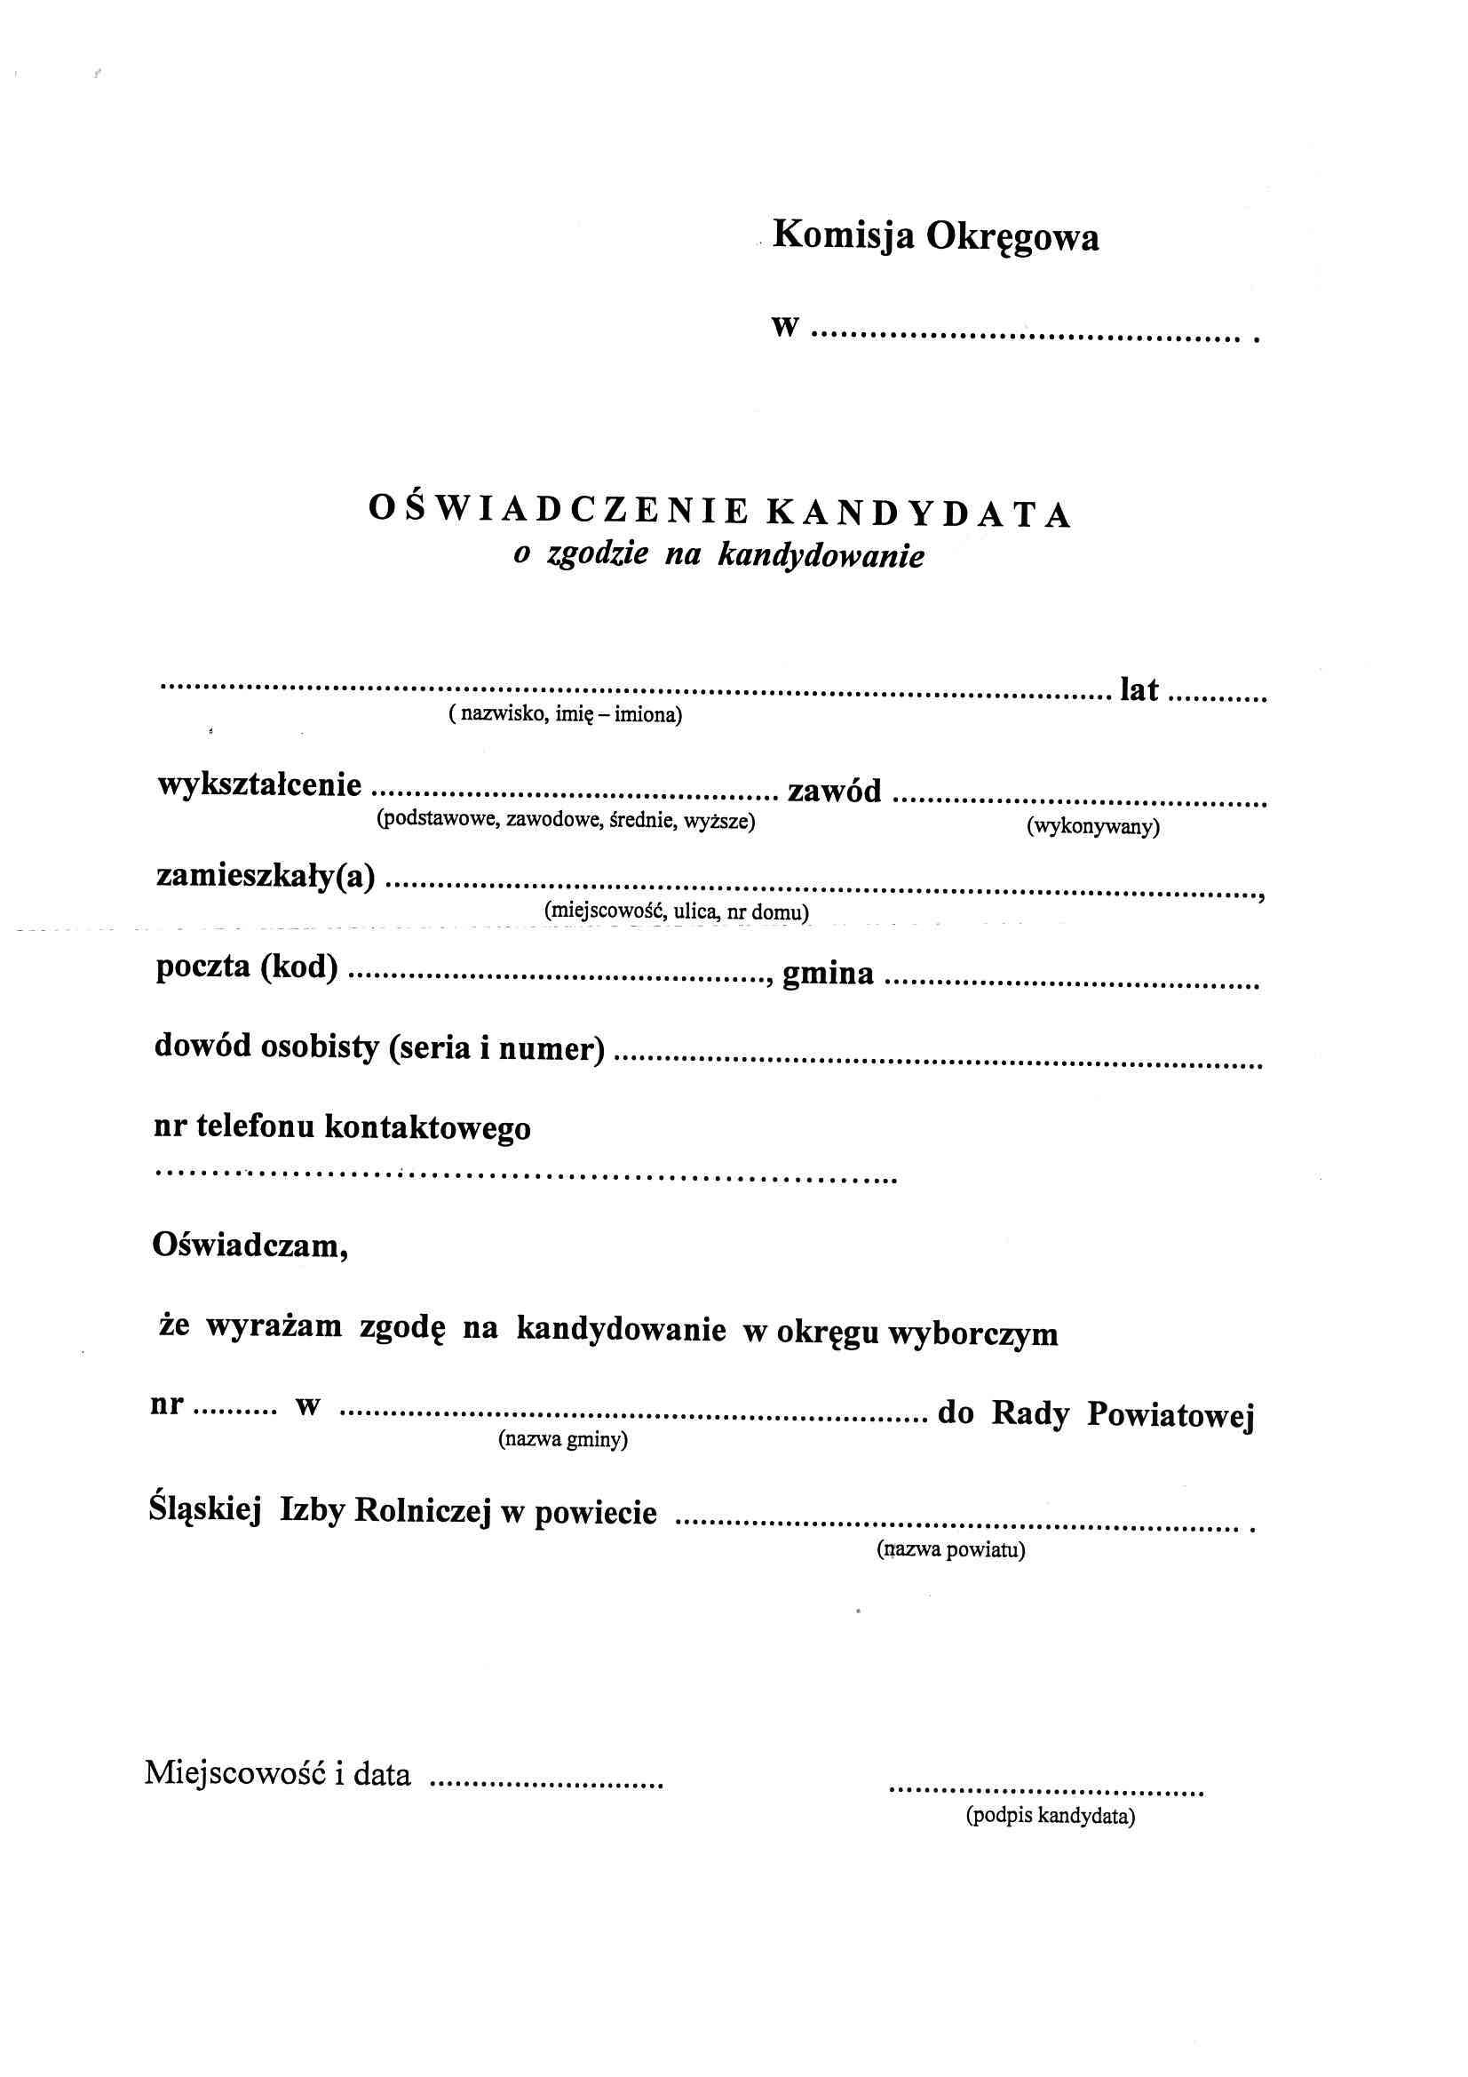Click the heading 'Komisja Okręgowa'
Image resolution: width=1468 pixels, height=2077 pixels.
pos(936,238)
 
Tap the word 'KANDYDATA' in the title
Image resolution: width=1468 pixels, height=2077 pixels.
pos(919,513)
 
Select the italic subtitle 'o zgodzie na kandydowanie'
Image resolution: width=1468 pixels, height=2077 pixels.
pos(719,554)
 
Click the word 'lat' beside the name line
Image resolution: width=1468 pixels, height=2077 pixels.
pos(1139,691)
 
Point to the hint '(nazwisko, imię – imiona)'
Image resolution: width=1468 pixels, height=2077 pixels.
pos(566,715)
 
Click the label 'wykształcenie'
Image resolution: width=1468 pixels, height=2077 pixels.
pos(260,785)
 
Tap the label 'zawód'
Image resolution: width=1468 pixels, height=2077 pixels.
pos(835,792)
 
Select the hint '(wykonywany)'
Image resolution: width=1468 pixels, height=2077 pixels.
pos(1092,827)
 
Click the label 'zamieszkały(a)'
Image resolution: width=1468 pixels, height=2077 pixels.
pos(266,877)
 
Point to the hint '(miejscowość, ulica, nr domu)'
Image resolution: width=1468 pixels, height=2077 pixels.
pos(676,911)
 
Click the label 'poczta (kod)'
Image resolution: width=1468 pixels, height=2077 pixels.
pos(247,968)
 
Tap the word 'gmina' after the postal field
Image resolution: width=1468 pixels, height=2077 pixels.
pos(828,974)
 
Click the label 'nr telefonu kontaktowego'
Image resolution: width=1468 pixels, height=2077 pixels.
pos(343,1128)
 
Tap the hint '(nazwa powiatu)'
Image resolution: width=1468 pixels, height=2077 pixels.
pos(949,1550)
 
